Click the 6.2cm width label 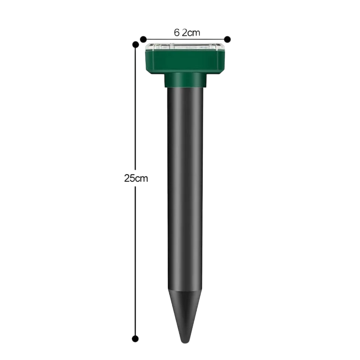tap(187, 32)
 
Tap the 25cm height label tap(136, 178)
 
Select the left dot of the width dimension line tap(143, 39)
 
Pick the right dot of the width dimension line tap(227, 39)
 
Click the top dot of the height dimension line tap(135, 44)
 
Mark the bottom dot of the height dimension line tap(135, 338)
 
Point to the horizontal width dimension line tap(185, 39)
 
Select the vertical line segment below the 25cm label tap(135, 262)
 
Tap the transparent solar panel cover tap(185, 47)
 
